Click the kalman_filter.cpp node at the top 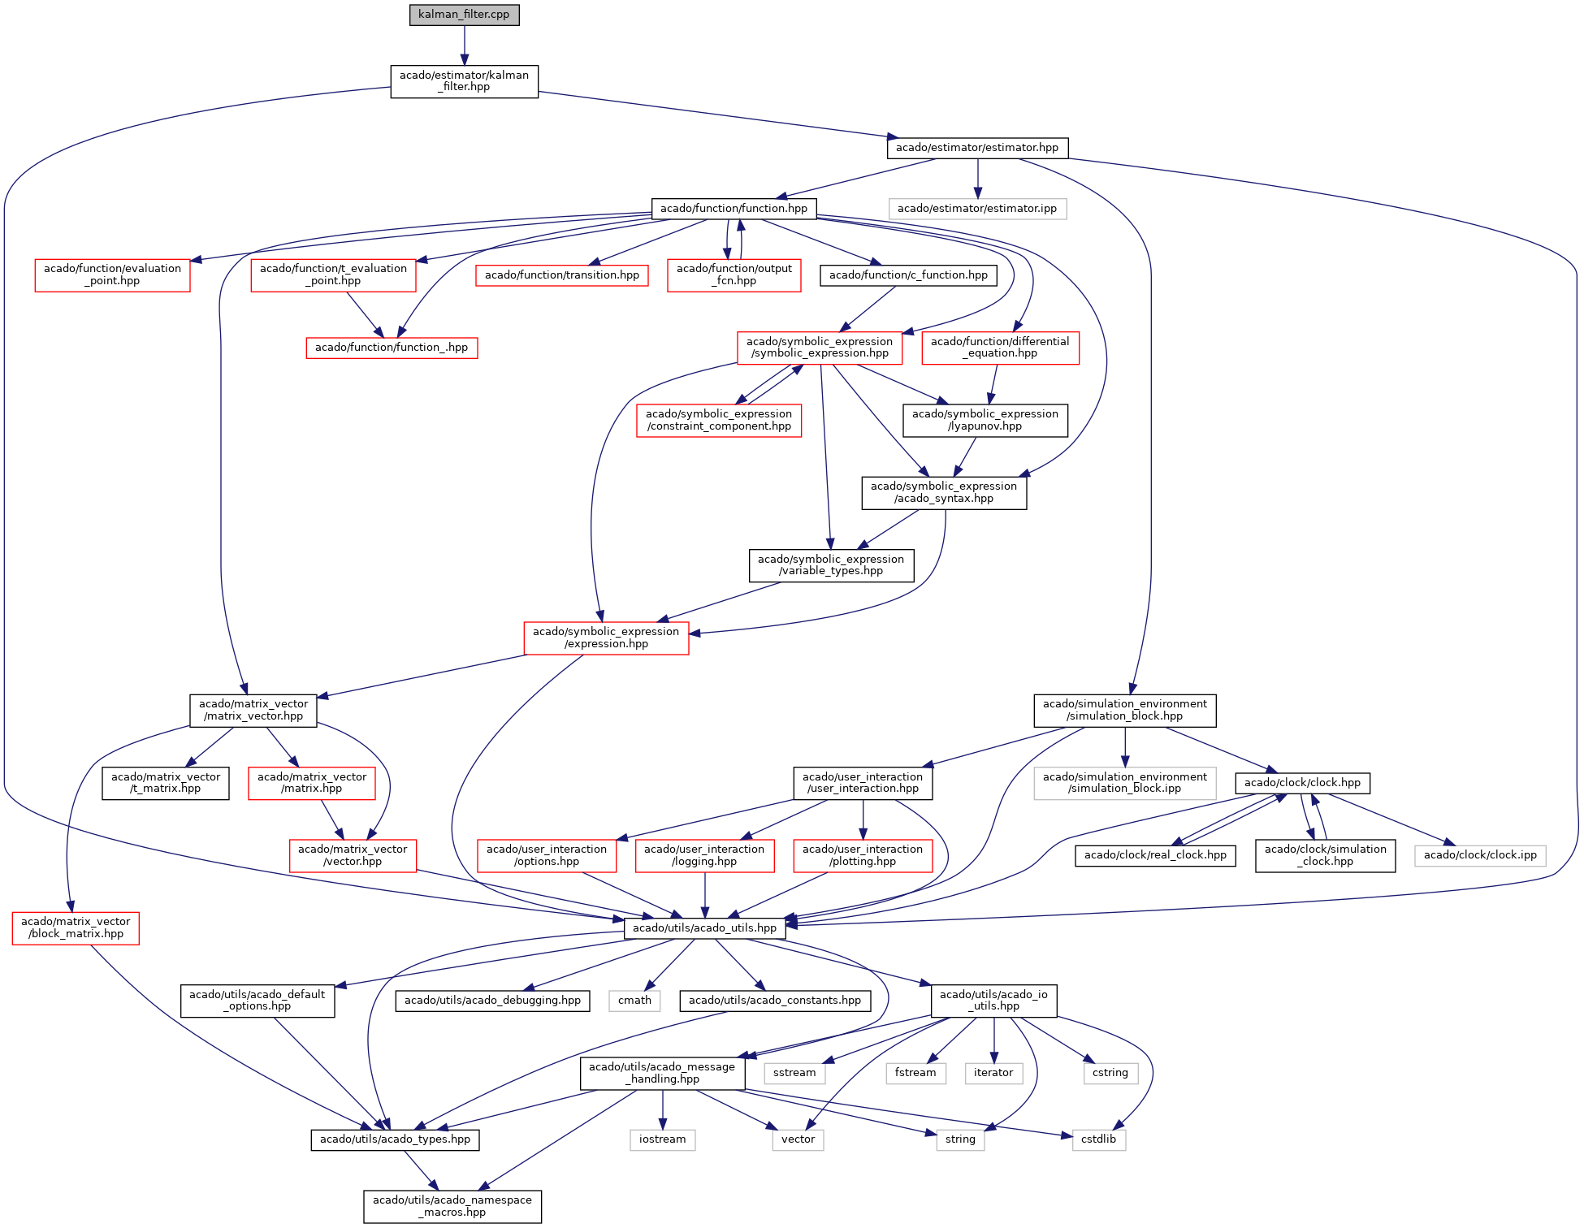[x=464, y=15]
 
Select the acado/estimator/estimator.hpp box [x=977, y=148]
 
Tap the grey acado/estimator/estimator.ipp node [x=977, y=209]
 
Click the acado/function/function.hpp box [x=734, y=209]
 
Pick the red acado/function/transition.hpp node [x=562, y=275]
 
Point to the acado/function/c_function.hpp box [x=908, y=275]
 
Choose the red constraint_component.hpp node [x=719, y=420]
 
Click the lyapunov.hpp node [x=985, y=420]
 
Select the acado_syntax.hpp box [x=944, y=492]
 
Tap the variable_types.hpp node [x=831, y=565]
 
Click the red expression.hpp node [x=606, y=638]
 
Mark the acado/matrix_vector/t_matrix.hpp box [x=166, y=783]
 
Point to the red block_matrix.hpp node [x=76, y=927]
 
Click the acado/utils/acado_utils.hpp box [x=705, y=928]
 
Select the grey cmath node [x=634, y=1001]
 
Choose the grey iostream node [x=662, y=1139]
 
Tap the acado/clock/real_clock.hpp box [x=1155, y=855]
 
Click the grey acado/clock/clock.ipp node [x=1480, y=855]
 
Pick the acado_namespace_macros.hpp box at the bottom [x=452, y=1206]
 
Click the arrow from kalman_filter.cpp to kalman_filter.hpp [x=464, y=45]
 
